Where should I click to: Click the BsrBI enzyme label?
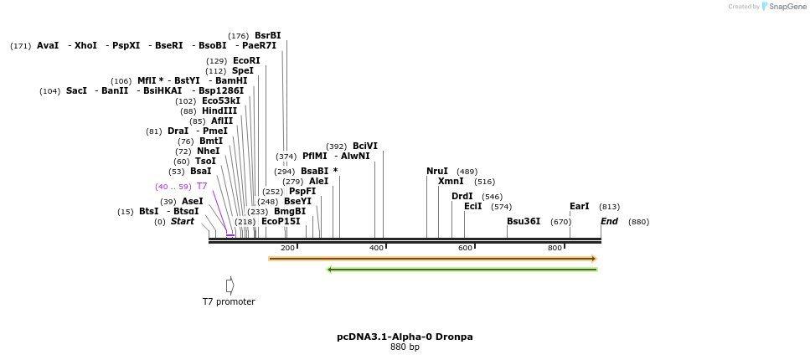[x=267, y=36]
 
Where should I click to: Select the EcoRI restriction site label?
[x=246, y=61]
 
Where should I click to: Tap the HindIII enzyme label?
[x=219, y=111]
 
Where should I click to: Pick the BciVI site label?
[x=365, y=147]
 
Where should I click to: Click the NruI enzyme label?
[x=437, y=172]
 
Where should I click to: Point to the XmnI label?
[x=451, y=182]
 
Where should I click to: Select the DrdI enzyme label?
[x=462, y=197]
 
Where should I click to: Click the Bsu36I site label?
[x=524, y=222]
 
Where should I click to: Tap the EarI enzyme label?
[x=580, y=207]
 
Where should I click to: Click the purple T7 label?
[x=202, y=187]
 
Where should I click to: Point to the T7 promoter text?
[x=229, y=301]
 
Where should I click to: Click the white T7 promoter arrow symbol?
[x=230, y=285]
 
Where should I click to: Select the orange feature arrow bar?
[x=432, y=259]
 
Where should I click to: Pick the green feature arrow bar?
[x=462, y=270]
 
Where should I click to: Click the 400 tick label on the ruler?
[x=376, y=248]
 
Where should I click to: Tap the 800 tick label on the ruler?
[x=555, y=248]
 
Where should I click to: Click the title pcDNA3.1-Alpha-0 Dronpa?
[x=405, y=337]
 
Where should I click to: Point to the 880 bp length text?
[x=405, y=347]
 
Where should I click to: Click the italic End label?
[x=609, y=222]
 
